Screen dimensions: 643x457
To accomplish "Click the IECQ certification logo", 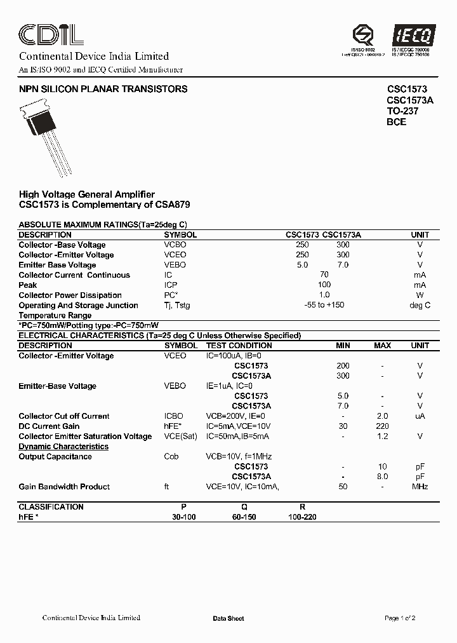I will coord(411,35).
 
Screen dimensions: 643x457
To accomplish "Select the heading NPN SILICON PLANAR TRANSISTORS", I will coord(103,90).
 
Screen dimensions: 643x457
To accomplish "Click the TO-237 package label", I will coord(402,111).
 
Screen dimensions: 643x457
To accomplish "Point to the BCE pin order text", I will coord(396,122).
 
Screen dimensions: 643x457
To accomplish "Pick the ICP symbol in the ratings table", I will coord(171,285).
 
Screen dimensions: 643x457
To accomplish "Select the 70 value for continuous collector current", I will coord(324,275).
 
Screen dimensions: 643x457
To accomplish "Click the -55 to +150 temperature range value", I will coord(324,306).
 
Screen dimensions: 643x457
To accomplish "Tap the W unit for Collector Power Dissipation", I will coord(420,295).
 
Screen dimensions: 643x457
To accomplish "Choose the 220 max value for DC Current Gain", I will coord(382,426).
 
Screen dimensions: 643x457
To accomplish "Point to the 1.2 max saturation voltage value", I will coord(382,437).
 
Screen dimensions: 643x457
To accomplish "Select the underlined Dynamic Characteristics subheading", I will coord(63,447).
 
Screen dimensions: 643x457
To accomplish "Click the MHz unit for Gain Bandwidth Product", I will coord(420,487).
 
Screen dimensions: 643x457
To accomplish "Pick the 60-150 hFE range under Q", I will coord(244,517).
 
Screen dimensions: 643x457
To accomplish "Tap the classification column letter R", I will coord(302,507).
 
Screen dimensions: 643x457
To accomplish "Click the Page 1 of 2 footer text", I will coord(400,618).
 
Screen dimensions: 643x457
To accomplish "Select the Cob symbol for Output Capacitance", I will coord(171,457).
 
